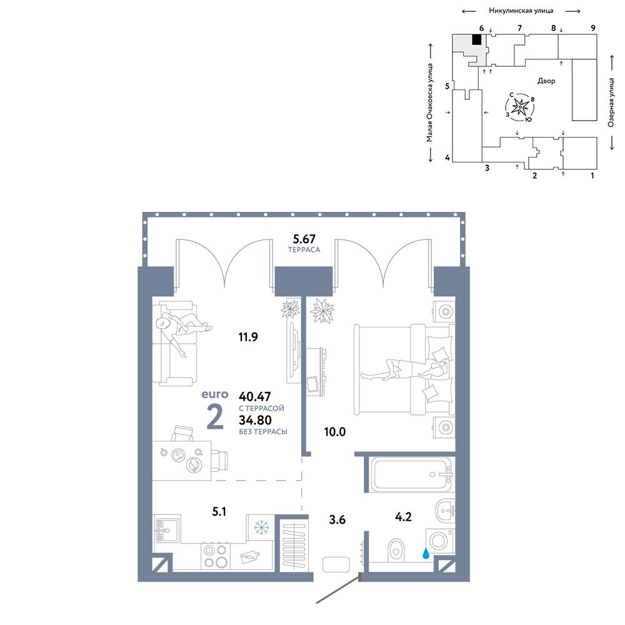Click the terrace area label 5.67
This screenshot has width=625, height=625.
point(304,239)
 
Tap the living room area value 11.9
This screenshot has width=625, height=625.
point(248,337)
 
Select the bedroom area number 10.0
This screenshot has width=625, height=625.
point(335,432)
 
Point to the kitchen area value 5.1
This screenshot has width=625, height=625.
point(219,511)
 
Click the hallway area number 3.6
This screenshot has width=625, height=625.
point(337,520)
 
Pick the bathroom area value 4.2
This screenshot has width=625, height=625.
point(403,517)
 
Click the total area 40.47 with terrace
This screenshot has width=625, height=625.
point(255,396)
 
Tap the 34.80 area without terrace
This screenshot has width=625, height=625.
point(255,420)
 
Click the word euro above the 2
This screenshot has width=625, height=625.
point(215,394)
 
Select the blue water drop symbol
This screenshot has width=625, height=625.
point(426,553)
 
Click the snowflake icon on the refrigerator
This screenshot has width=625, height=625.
point(261,527)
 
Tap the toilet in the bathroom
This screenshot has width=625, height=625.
point(396,550)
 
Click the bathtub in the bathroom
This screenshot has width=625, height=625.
point(411,475)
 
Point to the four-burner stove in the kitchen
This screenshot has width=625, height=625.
point(215,556)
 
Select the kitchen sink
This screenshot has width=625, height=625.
point(167,529)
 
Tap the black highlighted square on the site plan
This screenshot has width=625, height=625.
point(477,39)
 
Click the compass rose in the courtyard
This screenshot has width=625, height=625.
point(520,107)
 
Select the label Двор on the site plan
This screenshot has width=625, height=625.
point(546,81)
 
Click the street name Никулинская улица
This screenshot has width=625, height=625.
point(521,11)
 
